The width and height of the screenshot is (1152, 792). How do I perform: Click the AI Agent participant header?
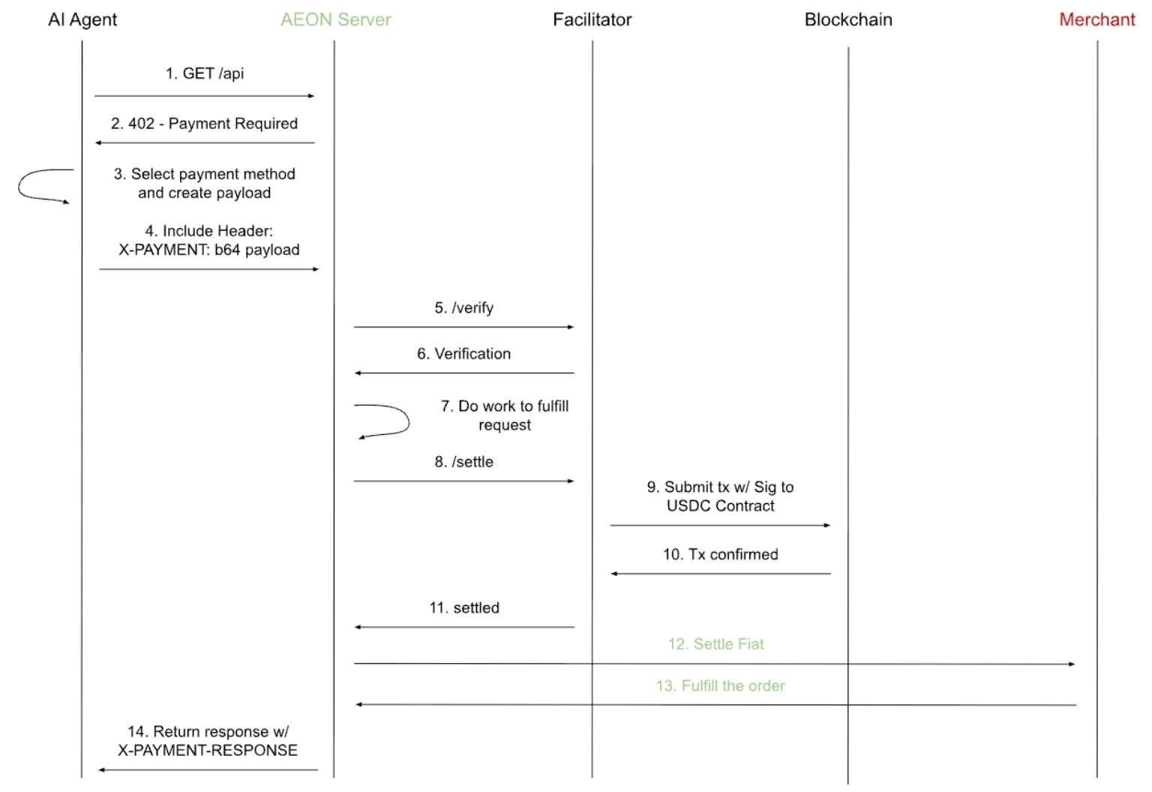point(82,19)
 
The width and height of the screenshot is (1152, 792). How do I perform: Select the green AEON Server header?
point(336,19)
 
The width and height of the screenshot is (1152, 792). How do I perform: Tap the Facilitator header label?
point(592,19)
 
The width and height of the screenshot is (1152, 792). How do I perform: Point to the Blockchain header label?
point(848,19)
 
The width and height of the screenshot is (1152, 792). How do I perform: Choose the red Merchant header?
point(1097,19)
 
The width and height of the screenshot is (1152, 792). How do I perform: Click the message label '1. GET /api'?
point(205,73)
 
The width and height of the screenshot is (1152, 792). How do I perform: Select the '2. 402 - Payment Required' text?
point(204,124)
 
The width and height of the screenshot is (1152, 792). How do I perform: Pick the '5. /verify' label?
point(464,307)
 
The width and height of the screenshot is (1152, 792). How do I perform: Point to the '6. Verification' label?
point(464,354)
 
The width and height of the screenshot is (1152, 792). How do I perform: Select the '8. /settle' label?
point(464,462)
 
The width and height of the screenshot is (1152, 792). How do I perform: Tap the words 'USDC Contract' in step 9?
point(720,506)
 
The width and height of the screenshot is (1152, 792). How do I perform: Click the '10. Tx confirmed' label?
point(720,554)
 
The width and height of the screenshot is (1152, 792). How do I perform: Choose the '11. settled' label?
point(464,608)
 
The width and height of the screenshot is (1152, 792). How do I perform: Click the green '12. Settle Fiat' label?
point(716,644)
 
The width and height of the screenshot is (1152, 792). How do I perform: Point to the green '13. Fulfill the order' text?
point(720,686)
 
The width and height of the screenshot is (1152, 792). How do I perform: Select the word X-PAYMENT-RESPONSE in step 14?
point(208,751)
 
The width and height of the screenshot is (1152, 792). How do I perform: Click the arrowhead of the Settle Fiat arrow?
point(1072,664)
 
